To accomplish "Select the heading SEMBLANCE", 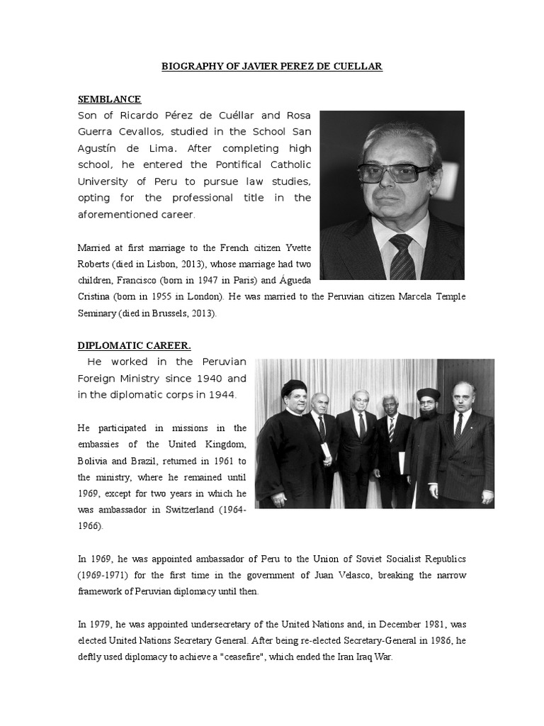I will [x=109, y=99].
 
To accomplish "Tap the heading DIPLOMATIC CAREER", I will [x=134, y=345].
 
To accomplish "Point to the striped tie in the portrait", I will [x=402, y=257].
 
